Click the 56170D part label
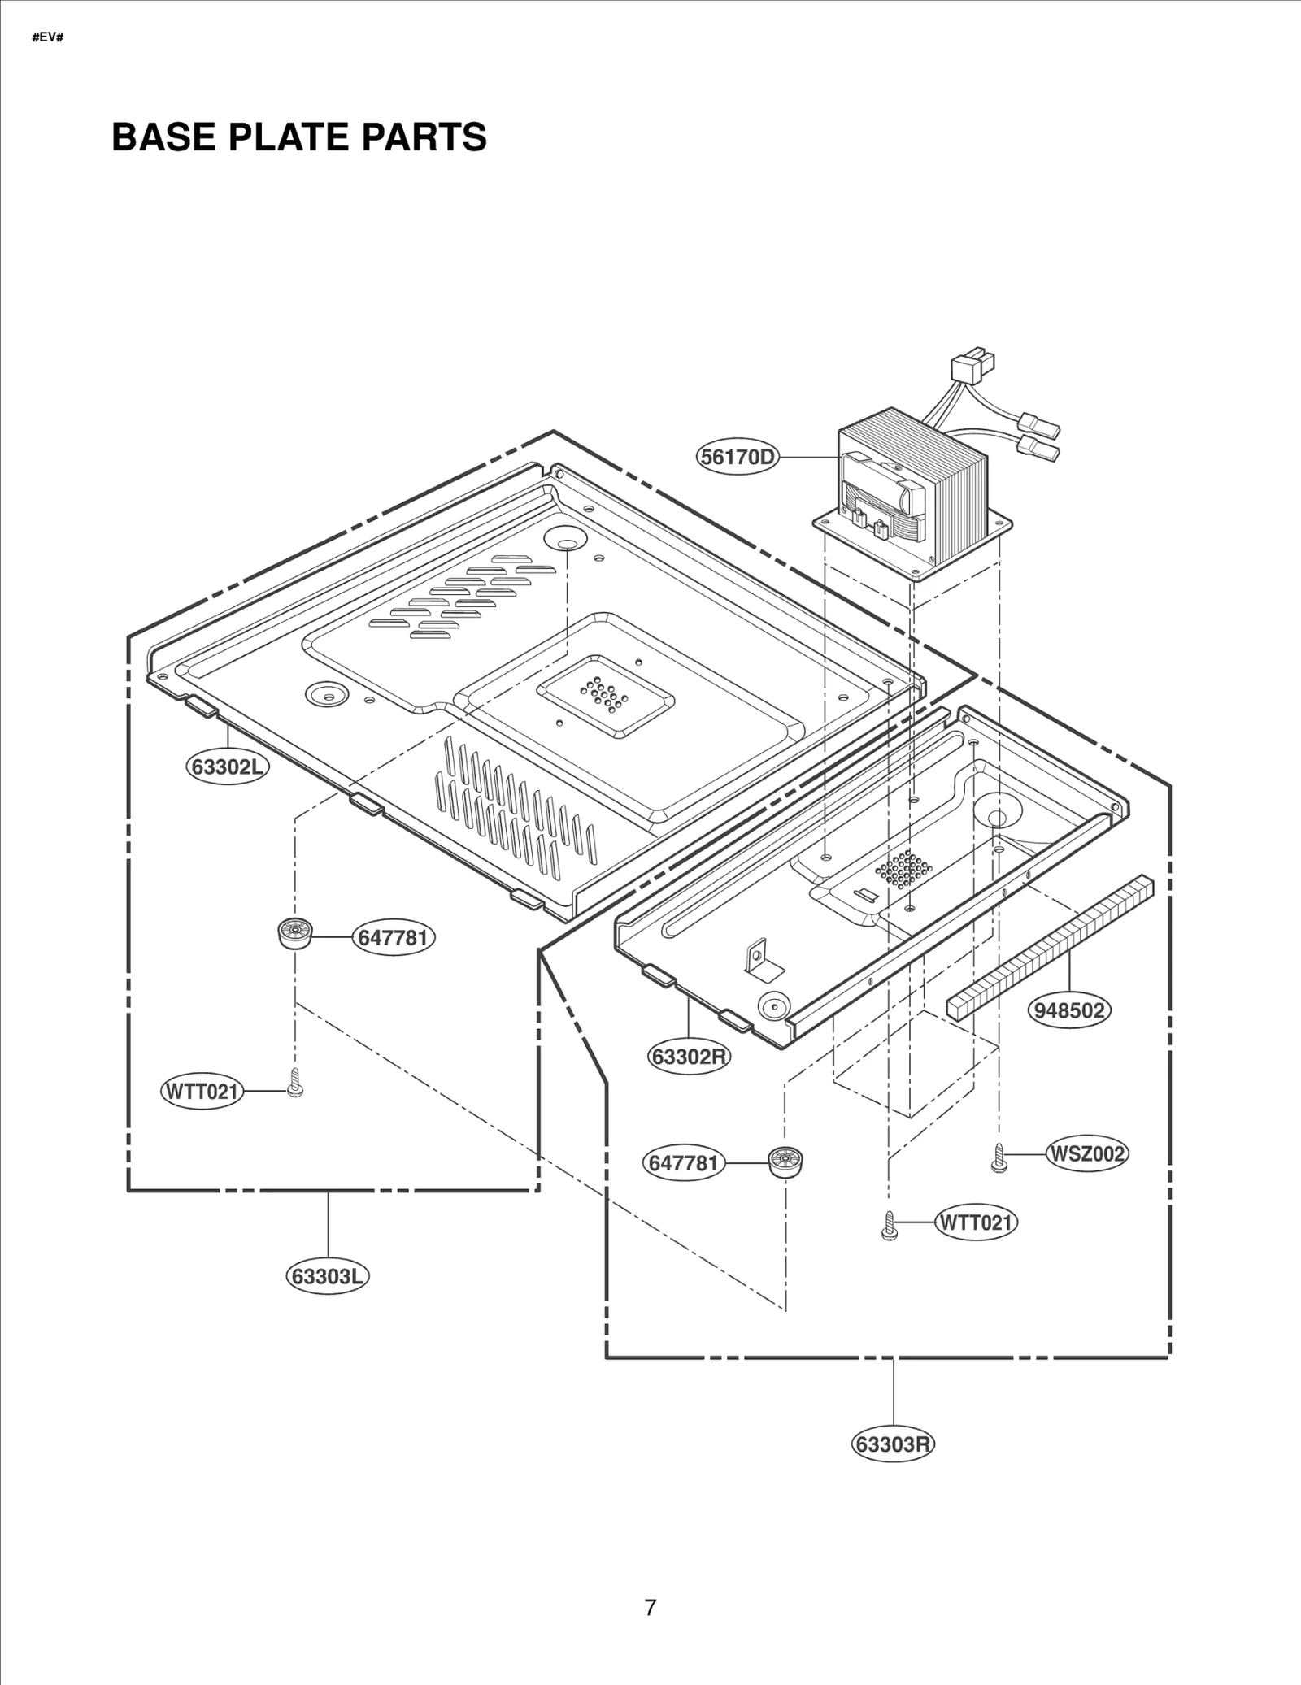[738, 458]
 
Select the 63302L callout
[228, 767]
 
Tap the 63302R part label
[690, 1057]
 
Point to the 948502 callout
[1069, 1010]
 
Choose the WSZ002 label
[1087, 1153]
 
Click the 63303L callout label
[327, 1276]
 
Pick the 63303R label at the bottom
[893, 1444]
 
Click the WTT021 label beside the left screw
[201, 1091]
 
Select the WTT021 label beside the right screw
[976, 1222]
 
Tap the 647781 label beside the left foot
[393, 937]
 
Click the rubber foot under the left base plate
[294, 932]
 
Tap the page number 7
[650, 1608]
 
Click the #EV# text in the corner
[47, 37]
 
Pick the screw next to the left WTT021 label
[295, 1084]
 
